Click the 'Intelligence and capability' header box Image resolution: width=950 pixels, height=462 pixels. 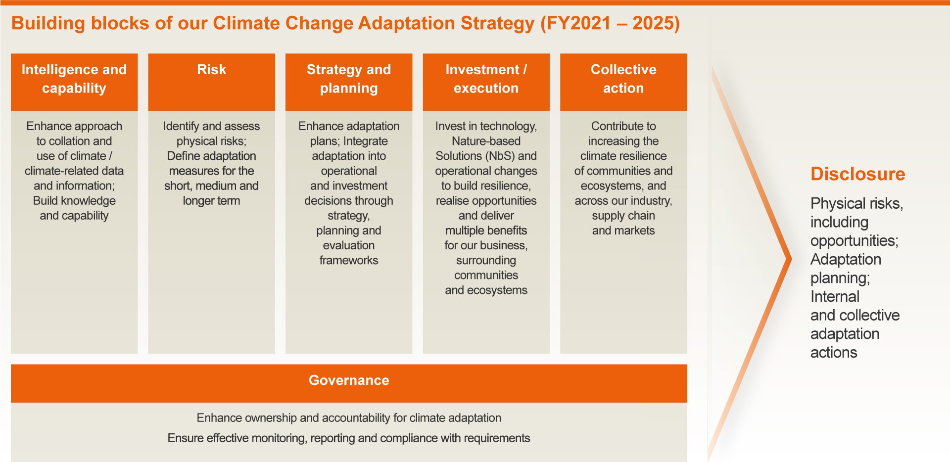[x=74, y=79]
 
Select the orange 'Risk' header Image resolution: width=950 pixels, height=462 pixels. [x=211, y=70]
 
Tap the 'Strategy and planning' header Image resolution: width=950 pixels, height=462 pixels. [x=348, y=79]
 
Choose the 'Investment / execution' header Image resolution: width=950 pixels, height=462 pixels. [x=486, y=79]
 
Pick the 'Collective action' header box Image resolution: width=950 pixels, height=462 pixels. [x=623, y=79]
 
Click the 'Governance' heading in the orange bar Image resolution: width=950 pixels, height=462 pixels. [x=349, y=380]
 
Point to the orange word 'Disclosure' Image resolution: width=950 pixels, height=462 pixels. [x=857, y=174]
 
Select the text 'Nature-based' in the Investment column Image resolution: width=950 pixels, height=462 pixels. [x=486, y=141]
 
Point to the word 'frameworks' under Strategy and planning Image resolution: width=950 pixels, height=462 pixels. [x=348, y=260]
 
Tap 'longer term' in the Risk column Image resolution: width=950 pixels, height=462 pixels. [x=211, y=201]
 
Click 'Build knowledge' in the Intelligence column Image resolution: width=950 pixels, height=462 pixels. [x=74, y=201]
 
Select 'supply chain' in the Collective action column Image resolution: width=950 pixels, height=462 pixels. [x=623, y=216]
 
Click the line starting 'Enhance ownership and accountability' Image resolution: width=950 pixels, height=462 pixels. [x=349, y=418]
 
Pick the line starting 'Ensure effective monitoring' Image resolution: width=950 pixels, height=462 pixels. [x=349, y=438]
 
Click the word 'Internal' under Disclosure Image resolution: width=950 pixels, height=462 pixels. [x=835, y=297]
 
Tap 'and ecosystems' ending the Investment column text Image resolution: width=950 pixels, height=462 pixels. [x=486, y=290]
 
